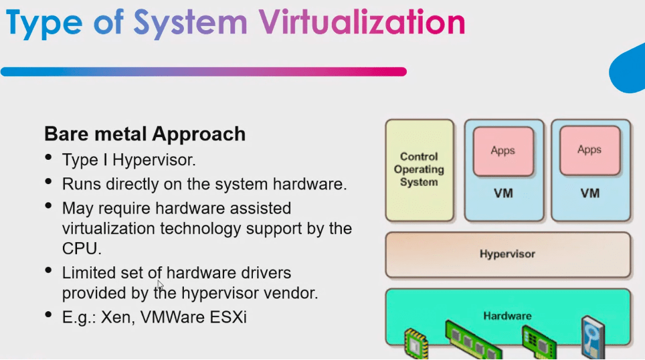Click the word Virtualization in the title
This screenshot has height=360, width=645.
coord(361,22)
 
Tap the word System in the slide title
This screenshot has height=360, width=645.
coord(190,23)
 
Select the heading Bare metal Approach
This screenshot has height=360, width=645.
coord(145,134)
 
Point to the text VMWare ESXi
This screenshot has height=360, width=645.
coord(193,317)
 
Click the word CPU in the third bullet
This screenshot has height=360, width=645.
coord(81,248)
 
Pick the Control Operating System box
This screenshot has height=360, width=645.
coord(420,171)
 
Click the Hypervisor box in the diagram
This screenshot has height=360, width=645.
coord(508,255)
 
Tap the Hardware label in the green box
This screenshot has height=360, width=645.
coord(507,316)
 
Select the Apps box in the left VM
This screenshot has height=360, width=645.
coord(504,151)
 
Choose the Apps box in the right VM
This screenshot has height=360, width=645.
coord(590,151)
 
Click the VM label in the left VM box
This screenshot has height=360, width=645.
coord(504,193)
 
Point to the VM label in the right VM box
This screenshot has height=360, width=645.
coord(590,193)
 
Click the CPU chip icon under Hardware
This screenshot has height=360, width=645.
coord(416,344)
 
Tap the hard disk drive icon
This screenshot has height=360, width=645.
coord(593,337)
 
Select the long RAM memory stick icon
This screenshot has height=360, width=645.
coord(473,341)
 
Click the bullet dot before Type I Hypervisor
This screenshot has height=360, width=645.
coord(49,157)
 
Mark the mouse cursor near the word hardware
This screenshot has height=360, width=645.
coord(161,285)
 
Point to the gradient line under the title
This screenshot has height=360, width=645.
coord(203,72)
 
